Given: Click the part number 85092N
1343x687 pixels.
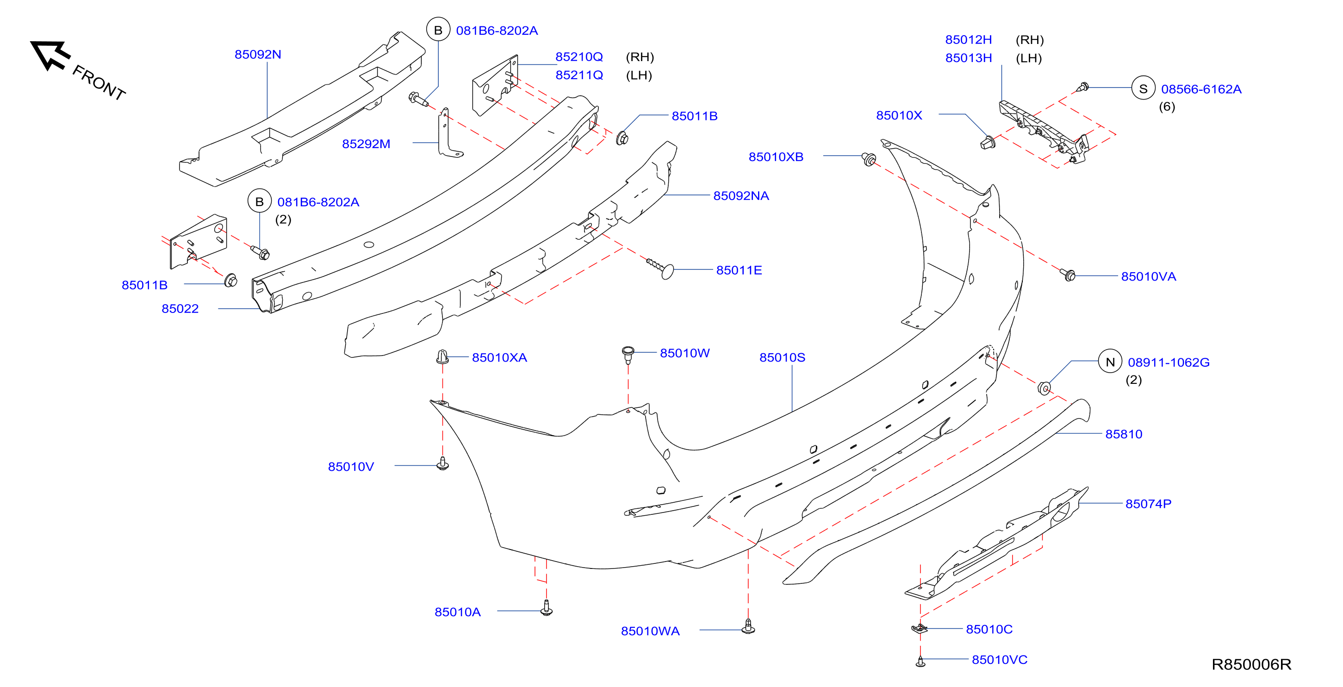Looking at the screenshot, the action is pyautogui.click(x=258, y=54).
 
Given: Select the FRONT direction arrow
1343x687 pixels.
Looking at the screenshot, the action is pyautogui.click(x=50, y=54).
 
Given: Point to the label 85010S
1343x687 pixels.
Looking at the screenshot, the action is pyautogui.click(x=782, y=357).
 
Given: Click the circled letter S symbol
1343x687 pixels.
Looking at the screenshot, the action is pyautogui.click(x=1144, y=89).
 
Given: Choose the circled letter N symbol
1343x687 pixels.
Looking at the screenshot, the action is pyautogui.click(x=1110, y=362).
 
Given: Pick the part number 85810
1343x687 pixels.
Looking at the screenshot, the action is pyautogui.click(x=1124, y=434).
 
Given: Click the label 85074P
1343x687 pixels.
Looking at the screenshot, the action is pyautogui.click(x=1148, y=504).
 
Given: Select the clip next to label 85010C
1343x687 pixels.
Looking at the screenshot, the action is pyautogui.click(x=919, y=629).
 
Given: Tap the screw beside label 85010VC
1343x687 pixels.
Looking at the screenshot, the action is pyautogui.click(x=920, y=662).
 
